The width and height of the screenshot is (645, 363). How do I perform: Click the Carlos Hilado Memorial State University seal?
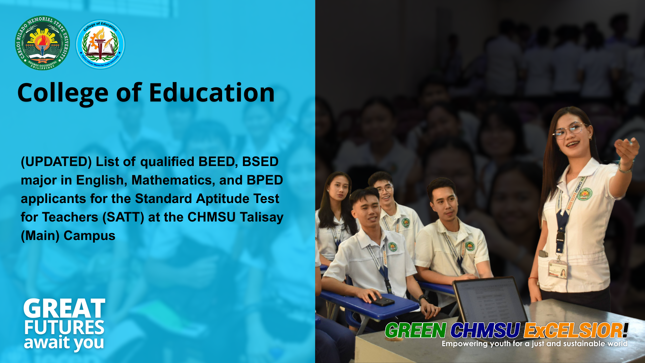[x=42, y=43]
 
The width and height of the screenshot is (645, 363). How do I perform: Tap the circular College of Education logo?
[x=100, y=44]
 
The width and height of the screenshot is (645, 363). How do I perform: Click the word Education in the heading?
[x=212, y=93]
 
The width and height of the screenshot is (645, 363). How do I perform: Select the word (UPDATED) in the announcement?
[x=56, y=162]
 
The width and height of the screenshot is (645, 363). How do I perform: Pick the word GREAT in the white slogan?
[x=64, y=309]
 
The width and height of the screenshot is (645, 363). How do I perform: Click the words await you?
[x=64, y=343]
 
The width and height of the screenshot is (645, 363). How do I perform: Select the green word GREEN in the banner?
[x=416, y=330]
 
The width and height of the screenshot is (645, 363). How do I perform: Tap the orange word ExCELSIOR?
[x=573, y=330]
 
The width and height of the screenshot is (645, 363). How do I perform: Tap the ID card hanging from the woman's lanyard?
[x=558, y=269]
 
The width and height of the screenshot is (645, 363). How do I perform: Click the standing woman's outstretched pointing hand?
[x=627, y=149]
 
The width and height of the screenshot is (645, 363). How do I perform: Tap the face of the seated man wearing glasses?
[x=385, y=192]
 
